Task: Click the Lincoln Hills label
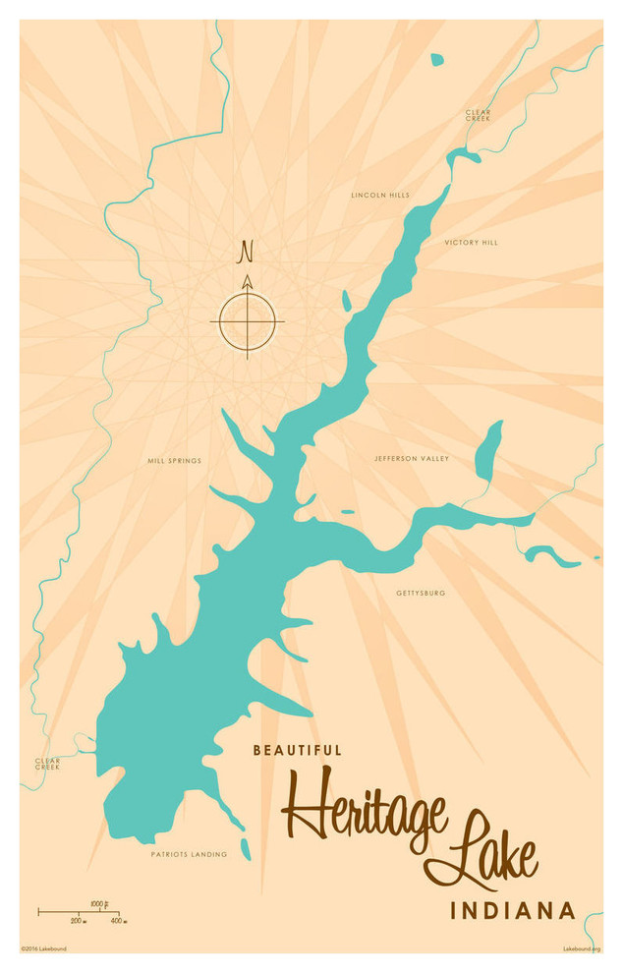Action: pos(380,195)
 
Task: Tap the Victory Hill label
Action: pos(471,242)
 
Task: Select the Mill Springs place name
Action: pos(174,460)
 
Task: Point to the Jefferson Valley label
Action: pos(411,459)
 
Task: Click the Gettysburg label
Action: pos(421,594)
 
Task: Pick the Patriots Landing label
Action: pos(189,854)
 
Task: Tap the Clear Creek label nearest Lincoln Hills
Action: pos(479,115)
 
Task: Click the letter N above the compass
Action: pos(246,253)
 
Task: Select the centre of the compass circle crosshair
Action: pos(247,321)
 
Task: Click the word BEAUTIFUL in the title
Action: pos(297,750)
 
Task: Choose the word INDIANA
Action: pos(512,911)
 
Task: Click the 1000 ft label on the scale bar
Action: pos(98,903)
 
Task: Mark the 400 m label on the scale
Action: pos(116,921)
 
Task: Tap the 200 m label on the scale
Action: pos(78,921)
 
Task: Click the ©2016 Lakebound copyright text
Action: pos(43,949)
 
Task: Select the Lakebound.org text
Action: pos(581,949)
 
